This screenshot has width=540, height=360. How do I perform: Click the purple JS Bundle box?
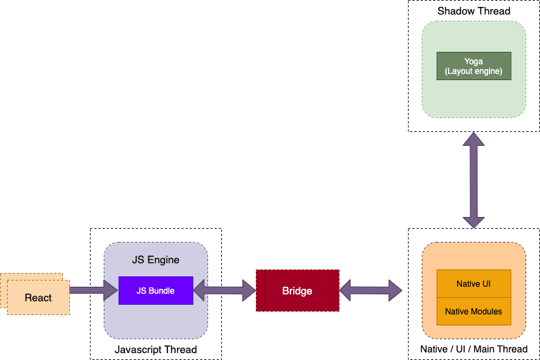click(156, 290)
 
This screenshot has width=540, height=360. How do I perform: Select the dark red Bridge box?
click(297, 291)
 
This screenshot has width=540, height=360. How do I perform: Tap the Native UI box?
click(474, 284)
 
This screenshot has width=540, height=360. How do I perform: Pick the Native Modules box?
click(474, 312)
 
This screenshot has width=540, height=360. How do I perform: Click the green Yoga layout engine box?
click(474, 66)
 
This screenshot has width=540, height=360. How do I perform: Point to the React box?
click(38, 297)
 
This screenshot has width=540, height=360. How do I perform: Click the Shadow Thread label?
click(474, 11)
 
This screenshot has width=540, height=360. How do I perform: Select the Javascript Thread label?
click(156, 350)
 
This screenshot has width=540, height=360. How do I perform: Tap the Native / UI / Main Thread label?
click(474, 349)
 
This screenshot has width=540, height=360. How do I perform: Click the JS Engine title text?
click(156, 260)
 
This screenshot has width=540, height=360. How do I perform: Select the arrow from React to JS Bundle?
click(94, 290)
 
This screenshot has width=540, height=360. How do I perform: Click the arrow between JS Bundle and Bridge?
click(224, 290)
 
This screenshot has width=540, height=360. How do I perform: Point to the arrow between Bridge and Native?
click(371, 290)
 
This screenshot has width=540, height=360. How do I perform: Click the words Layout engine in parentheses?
click(474, 71)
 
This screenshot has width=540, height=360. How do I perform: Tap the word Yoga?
click(474, 61)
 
